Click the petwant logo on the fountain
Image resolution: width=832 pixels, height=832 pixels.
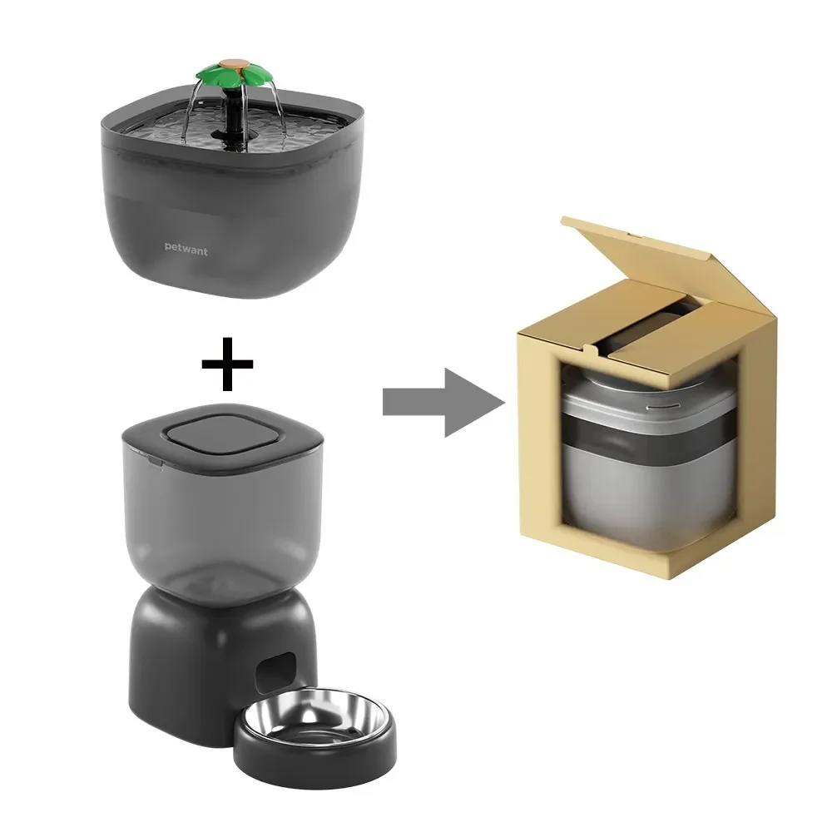tap(186, 249)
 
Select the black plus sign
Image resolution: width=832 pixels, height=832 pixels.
tap(227, 364)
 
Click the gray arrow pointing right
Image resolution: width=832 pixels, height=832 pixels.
tap(443, 403)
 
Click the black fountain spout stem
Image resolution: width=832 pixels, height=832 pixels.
tap(232, 116)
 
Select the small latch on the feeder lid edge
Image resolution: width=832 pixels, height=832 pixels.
tap(156, 463)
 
